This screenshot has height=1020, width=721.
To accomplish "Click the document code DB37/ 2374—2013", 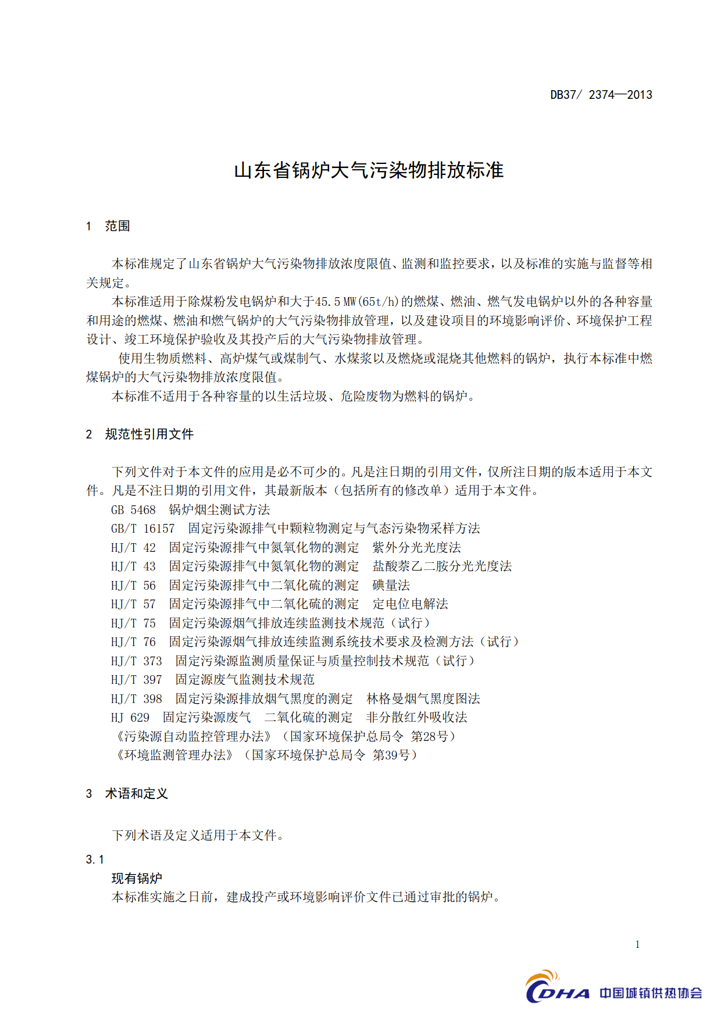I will tap(601, 95).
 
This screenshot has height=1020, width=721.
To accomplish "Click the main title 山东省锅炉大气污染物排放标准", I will tap(369, 170).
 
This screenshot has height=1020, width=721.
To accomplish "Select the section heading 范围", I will tap(117, 226).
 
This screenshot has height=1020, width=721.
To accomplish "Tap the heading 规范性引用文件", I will tap(149, 434).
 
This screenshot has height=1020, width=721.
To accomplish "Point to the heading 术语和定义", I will tap(136, 794).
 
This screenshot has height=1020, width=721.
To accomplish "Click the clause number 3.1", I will tap(95, 859).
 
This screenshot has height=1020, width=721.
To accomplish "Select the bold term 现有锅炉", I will tap(137, 878).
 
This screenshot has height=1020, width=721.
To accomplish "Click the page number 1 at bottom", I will tap(637, 944).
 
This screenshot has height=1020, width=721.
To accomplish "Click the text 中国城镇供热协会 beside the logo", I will tap(651, 993).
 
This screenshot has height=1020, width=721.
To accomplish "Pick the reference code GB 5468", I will tap(133, 510).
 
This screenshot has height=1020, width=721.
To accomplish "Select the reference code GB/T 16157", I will tap(142, 529).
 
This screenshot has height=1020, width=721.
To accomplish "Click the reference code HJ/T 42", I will tap(133, 548).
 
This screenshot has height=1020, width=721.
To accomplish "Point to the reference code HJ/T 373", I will tap(137, 661).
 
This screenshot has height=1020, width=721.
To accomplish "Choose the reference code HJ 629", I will tap(130, 718).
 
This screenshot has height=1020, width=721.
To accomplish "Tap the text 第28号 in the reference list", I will tap(430, 737).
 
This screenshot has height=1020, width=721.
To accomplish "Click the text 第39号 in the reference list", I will tap(391, 755).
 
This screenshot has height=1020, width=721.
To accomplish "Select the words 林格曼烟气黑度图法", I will tap(423, 699).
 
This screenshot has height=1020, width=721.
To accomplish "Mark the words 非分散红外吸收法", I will tap(416, 718).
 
